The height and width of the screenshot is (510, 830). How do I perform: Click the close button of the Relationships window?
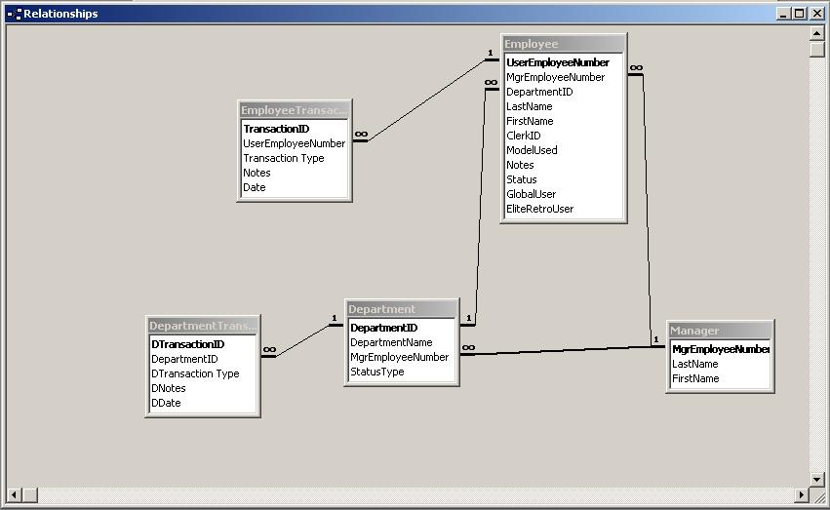815,14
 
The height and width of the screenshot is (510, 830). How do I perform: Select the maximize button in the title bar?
800,14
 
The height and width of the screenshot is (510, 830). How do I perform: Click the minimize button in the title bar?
784,14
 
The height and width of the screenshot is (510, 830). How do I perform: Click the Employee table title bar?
563,44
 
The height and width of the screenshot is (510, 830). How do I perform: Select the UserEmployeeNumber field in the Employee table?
557,62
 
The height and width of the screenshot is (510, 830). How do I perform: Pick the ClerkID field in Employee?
523,136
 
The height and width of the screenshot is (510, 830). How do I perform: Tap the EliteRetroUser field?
539,209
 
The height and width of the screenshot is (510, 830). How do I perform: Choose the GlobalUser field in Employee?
531,194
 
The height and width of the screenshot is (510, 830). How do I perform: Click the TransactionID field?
276,129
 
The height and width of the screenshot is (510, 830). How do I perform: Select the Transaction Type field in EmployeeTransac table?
283,158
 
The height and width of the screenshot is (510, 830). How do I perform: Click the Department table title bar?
401,309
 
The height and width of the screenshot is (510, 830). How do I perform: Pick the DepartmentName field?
391,342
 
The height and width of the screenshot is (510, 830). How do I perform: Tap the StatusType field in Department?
376,372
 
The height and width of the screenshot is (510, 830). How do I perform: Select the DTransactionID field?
187,344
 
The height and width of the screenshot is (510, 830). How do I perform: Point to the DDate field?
165,403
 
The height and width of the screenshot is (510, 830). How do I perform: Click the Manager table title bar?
720,331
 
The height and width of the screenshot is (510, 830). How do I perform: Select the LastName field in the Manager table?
694,364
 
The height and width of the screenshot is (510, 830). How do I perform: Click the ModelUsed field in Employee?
532,150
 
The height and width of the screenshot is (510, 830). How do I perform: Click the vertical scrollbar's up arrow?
817,32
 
